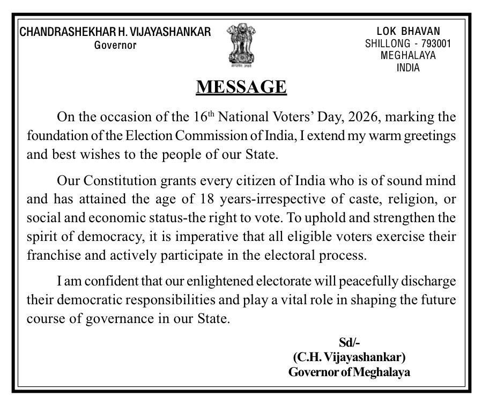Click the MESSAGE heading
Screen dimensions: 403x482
click(241, 86)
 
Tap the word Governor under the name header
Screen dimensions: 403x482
click(115, 45)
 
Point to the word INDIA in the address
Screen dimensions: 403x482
click(408, 68)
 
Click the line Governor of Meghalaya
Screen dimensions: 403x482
click(349, 372)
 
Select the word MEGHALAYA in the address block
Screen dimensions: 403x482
click(408, 55)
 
